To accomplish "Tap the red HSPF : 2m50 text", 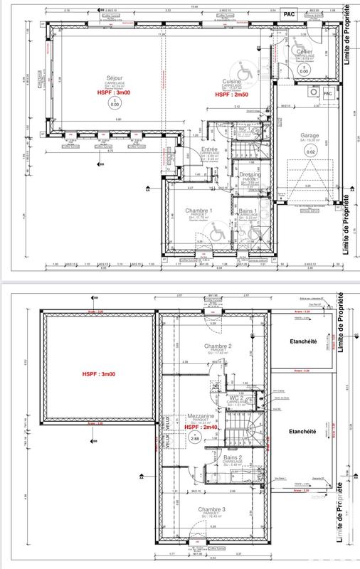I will click(232, 95).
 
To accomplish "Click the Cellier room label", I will click(305, 52).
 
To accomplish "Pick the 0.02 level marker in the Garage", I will click(309, 151).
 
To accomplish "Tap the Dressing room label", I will click(250, 174).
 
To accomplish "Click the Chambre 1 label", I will click(200, 211).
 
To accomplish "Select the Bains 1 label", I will click(248, 211).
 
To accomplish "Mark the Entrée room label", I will click(210, 129).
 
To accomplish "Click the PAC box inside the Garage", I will click(328, 93).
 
